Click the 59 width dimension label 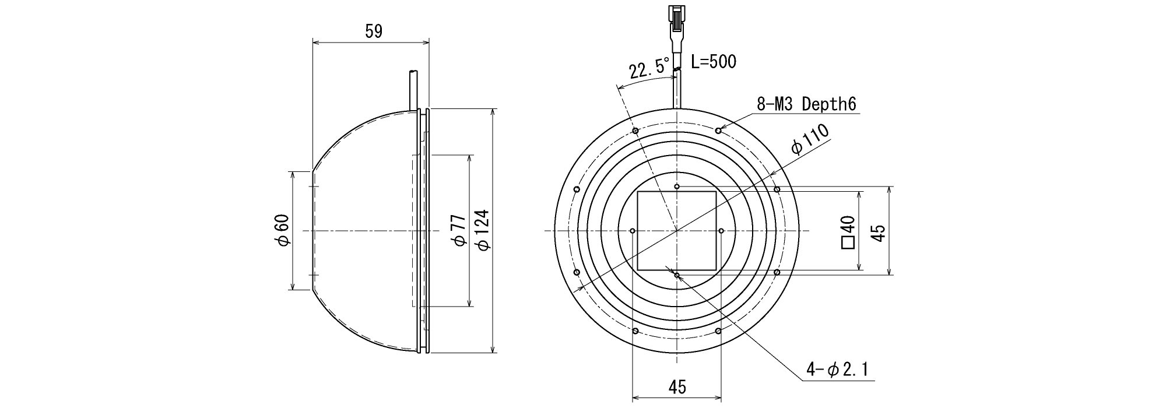pos(374,31)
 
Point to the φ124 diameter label pos(483,230)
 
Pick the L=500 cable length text pos(714,61)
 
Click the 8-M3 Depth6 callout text pos(806,104)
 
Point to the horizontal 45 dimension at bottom pos(677,386)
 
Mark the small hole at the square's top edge pos(676,187)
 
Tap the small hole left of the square pos(633,231)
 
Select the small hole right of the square pos(721,231)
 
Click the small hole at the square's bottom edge pos(676,275)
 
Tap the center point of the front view pos(676,231)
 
